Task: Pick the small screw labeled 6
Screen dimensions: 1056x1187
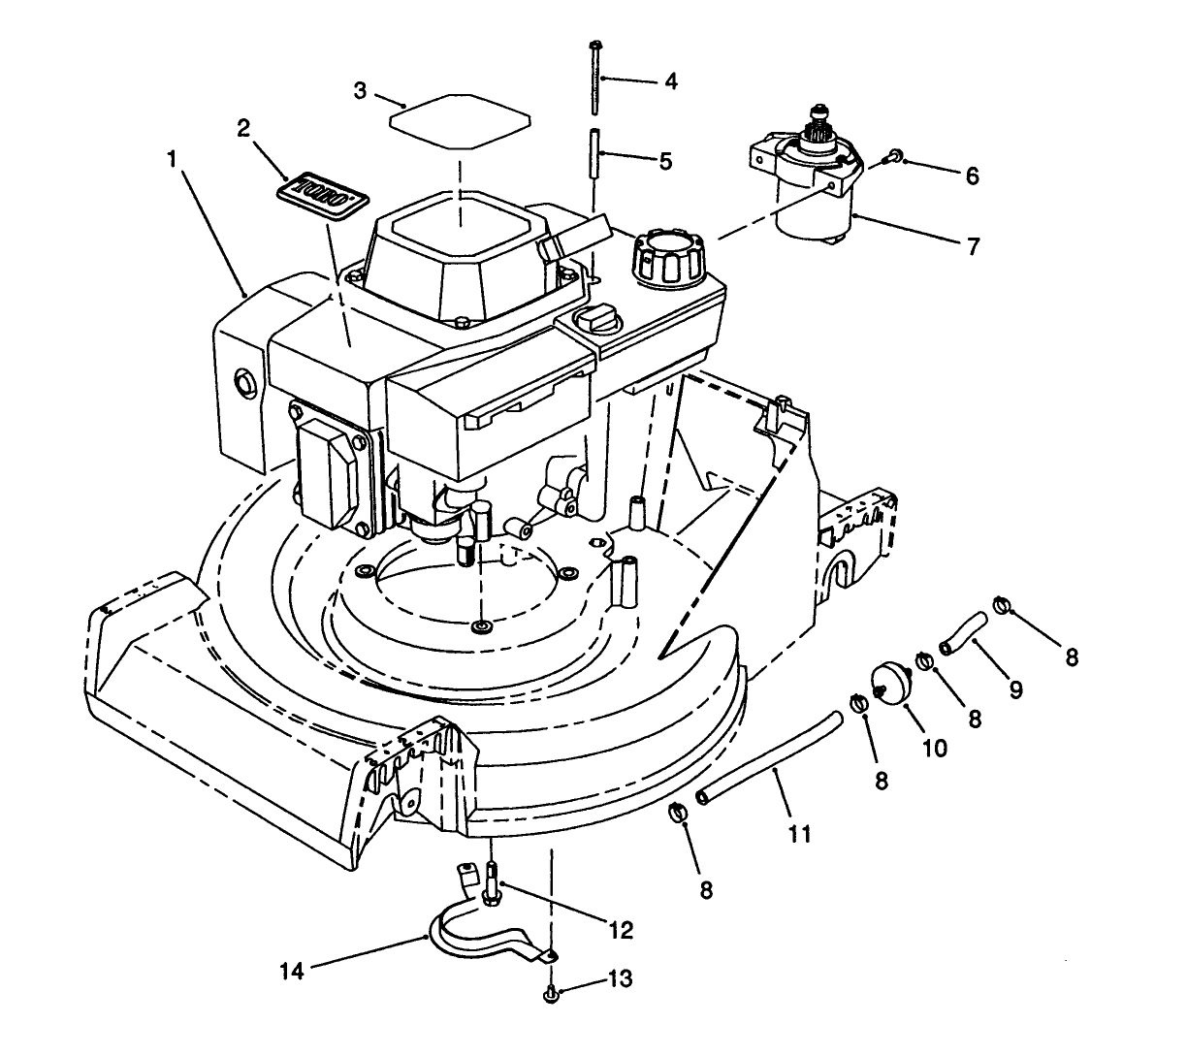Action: pos(896,155)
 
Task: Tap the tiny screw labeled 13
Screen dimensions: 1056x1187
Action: pos(550,991)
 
